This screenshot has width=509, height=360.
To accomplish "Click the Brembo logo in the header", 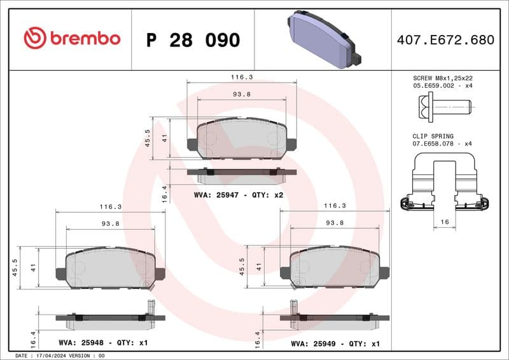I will (71, 39).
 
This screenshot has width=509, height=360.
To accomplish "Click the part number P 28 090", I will (193, 40).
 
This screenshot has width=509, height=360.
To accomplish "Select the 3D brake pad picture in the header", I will (324, 38).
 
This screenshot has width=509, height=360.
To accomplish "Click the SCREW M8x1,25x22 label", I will (443, 78).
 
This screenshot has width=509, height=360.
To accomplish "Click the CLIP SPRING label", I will (433, 136).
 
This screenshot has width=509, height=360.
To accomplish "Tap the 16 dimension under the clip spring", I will (444, 222).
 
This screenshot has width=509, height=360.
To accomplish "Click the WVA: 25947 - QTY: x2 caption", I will (239, 195).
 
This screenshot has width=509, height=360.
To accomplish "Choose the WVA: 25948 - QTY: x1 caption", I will (103, 343).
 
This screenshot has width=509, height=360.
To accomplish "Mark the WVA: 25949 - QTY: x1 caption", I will (335, 343).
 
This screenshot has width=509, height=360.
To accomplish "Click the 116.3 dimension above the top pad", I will (242, 77).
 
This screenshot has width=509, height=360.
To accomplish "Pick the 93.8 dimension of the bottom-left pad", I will (110, 223).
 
